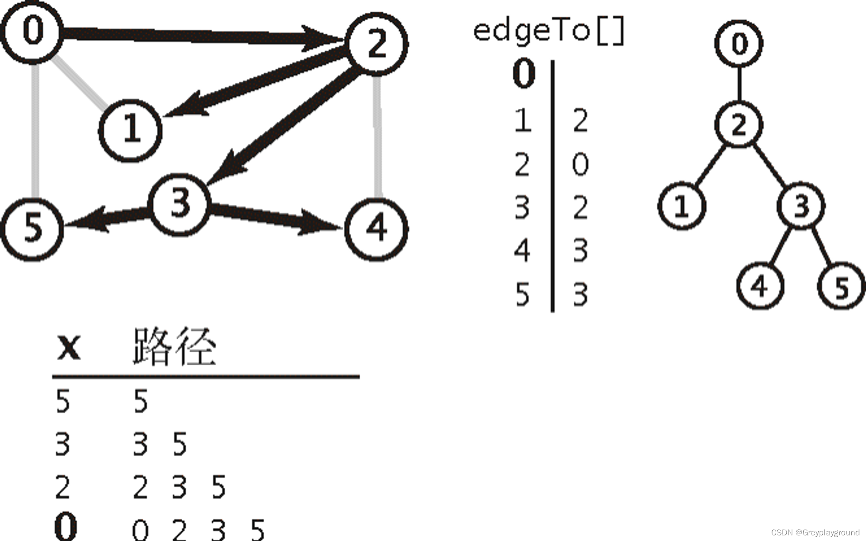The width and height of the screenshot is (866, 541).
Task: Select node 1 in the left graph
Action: click(130, 130)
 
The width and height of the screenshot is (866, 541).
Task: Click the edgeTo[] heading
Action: click(549, 31)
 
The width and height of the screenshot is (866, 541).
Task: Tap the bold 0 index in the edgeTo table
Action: click(523, 74)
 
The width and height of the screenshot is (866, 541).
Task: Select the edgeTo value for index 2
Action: click(580, 164)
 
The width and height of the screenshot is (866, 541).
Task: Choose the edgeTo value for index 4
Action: click(580, 251)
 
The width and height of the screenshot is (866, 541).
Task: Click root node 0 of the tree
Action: click(739, 43)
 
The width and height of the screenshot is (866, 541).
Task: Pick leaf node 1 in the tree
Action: click(682, 206)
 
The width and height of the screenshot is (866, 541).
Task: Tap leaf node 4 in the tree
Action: click(760, 286)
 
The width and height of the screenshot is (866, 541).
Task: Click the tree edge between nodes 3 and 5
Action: click(822, 245)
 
